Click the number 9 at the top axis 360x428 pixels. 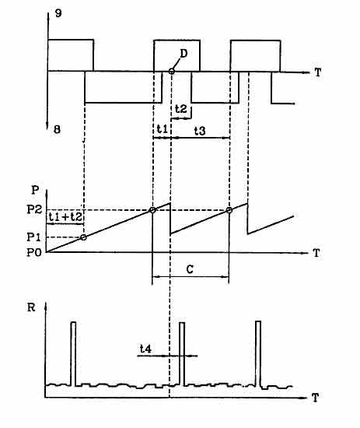58,13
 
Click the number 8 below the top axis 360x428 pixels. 57,129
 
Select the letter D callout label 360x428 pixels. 183,54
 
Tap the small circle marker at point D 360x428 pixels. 172,72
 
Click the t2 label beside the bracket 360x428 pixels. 181,109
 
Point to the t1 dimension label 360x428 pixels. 163,128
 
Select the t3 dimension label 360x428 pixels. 200,131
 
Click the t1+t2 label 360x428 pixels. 65,217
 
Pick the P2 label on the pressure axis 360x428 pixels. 34,209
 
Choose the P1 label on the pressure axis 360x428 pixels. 33,237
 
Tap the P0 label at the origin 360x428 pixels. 34,252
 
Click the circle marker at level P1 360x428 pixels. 84,237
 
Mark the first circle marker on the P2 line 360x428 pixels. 152,210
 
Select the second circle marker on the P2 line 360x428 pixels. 229,210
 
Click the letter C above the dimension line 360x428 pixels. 190,269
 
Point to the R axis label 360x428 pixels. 31,307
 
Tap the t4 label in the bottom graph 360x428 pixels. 145,349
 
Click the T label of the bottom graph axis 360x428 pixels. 315,398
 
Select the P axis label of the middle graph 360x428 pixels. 35,190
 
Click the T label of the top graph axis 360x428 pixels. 318,72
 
